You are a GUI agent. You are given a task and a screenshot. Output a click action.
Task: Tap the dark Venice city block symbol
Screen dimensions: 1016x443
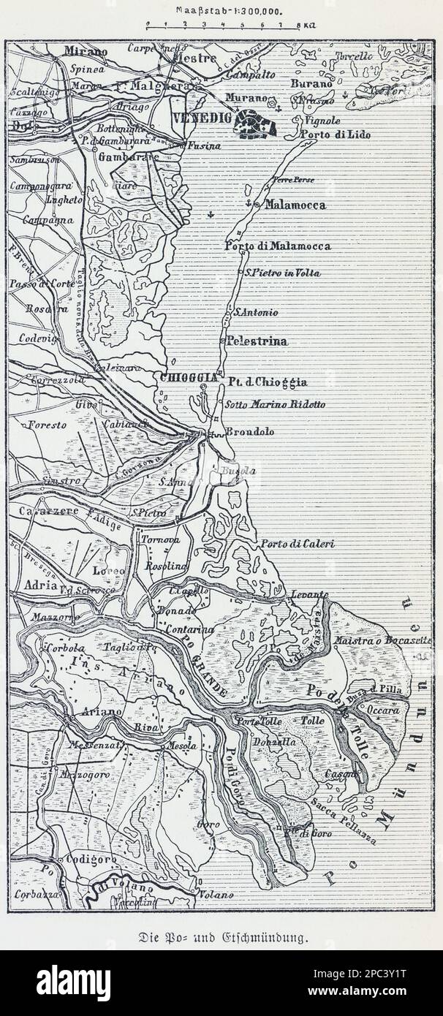pos(255,124)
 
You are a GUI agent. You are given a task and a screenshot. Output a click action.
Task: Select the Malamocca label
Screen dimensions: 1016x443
pos(295,205)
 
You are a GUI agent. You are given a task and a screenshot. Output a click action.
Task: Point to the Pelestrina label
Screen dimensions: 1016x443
pos(257,341)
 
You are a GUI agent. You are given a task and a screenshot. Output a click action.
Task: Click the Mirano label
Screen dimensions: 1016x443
pos(85,51)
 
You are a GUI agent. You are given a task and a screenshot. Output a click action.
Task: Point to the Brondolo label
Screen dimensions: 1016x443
pos(249,432)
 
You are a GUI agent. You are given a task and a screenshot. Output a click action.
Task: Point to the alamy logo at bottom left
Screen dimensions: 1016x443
pos(74,984)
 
